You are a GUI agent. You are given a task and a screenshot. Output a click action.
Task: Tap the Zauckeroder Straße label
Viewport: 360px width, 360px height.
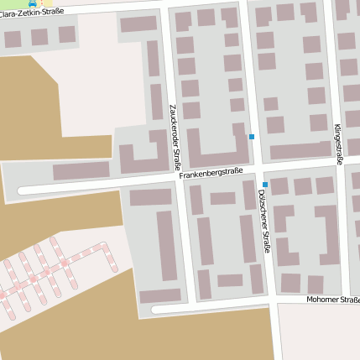(174, 137)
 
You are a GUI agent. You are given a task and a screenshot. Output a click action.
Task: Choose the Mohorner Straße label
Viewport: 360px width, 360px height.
(332, 300)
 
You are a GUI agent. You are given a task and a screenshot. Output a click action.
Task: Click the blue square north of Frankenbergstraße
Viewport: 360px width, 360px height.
(251, 136)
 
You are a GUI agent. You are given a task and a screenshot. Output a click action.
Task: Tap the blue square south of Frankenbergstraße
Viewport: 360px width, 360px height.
(265, 185)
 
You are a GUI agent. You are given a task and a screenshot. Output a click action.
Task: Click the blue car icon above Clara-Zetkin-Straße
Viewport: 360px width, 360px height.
(32, 3)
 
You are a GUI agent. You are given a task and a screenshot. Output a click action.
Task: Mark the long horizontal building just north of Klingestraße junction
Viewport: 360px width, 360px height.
(300, 150)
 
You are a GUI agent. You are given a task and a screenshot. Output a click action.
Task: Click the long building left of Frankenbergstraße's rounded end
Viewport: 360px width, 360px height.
(81, 170)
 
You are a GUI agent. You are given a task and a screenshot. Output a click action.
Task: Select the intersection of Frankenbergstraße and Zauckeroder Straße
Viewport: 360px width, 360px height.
(181, 177)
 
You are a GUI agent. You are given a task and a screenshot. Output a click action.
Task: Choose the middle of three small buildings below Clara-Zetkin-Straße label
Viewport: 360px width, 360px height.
(39, 37)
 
